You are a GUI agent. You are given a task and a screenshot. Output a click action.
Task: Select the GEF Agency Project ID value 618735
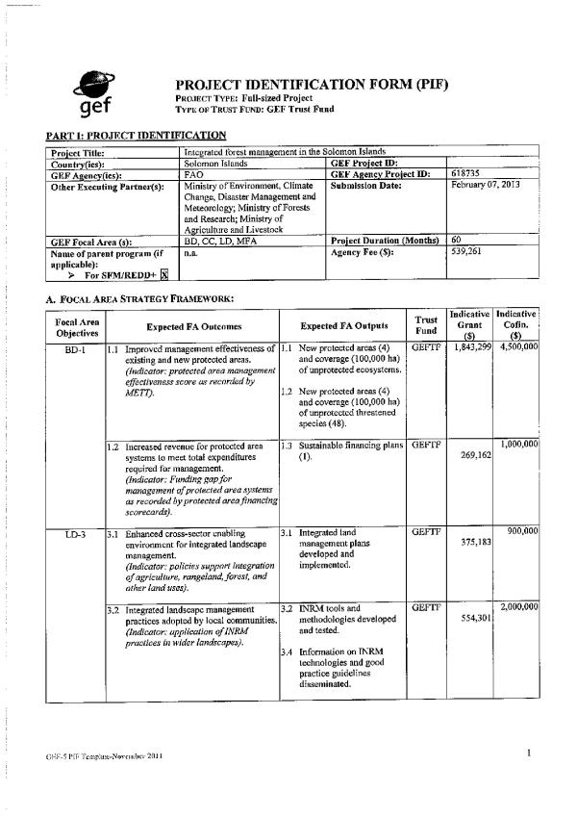(466, 173)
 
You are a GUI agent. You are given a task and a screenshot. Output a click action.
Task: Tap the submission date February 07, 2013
(486, 184)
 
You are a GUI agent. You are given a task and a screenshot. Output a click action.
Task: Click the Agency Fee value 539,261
(466, 251)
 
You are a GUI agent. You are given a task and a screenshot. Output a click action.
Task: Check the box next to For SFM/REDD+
(163, 274)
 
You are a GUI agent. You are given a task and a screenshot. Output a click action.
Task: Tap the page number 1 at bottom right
(530, 753)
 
